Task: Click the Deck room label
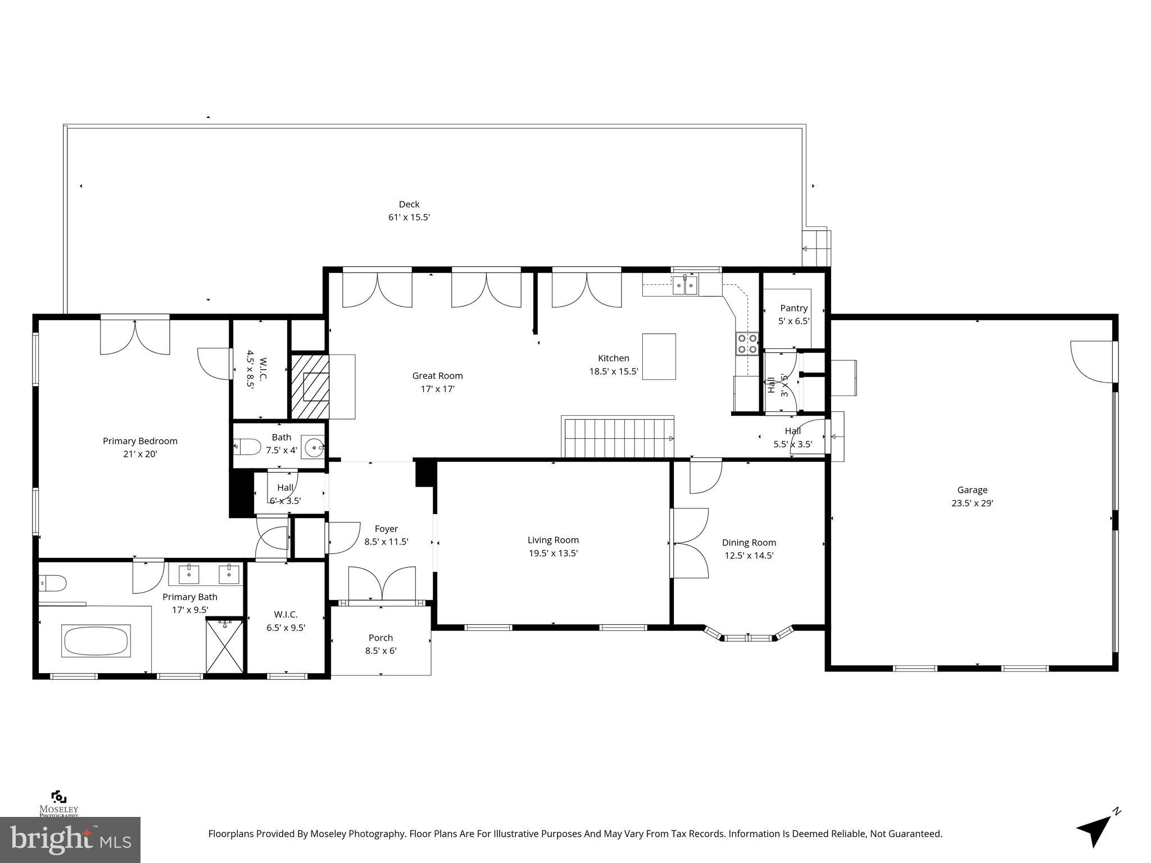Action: click(x=409, y=205)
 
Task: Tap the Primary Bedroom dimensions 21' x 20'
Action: click(x=140, y=454)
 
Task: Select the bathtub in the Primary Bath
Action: click(x=97, y=641)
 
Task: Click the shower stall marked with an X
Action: click(x=225, y=645)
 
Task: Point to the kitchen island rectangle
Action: click(x=659, y=357)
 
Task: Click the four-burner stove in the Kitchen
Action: click(x=747, y=343)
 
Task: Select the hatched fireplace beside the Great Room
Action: click(x=309, y=386)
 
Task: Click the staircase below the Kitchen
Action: click(x=617, y=438)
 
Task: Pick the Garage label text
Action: click(x=972, y=490)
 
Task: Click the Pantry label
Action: click(x=794, y=308)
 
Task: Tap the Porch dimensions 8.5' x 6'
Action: click(x=380, y=651)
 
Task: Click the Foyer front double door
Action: click(x=382, y=584)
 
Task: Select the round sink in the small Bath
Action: click(x=314, y=448)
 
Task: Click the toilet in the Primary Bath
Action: click(x=52, y=584)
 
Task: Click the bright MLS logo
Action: click(x=70, y=839)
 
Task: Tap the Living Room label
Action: click(x=553, y=540)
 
